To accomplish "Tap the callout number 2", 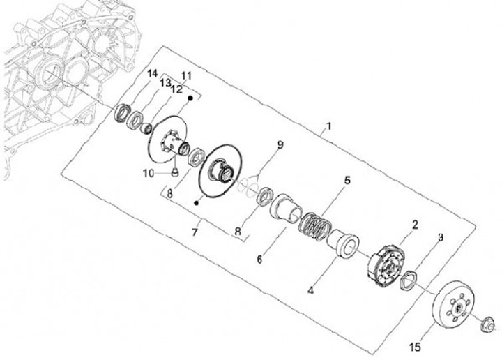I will pyautogui.click(x=414, y=225).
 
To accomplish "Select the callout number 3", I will pyautogui.click(x=440, y=238).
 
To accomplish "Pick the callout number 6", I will pyautogui.click(x=259, y=259).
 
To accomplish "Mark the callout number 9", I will pyautogui.click(x=280, y=145).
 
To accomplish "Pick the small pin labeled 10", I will pyautogui.click(x=174, y=171).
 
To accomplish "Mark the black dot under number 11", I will pyautogui.click(x=189, y=100).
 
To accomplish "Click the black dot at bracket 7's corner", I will pyautogui.click(x=198, y=202).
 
